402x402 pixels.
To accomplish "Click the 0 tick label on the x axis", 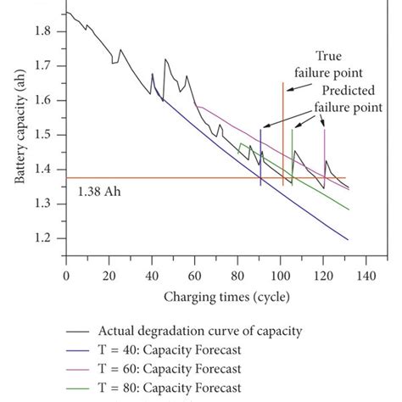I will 65,276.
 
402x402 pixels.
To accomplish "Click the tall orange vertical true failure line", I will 282,127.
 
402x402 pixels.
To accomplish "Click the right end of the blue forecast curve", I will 348,239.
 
